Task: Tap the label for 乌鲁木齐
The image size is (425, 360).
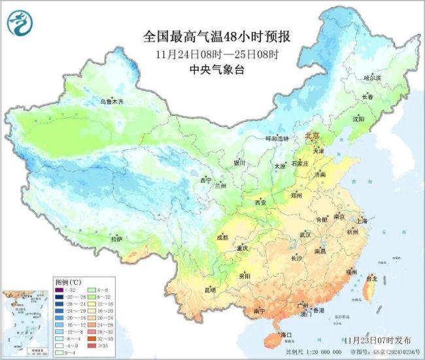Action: pyautogui.click(x=111, y=102)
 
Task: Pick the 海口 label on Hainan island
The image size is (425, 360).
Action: pyautogui.click(x=284, y=336)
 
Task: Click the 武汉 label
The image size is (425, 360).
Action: pyautogui.click(x=305, y=234)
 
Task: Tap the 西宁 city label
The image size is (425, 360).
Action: pyautogui.click(x=206, y=180)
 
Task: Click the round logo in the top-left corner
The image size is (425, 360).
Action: pyautogui.click(x=20, y=24)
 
